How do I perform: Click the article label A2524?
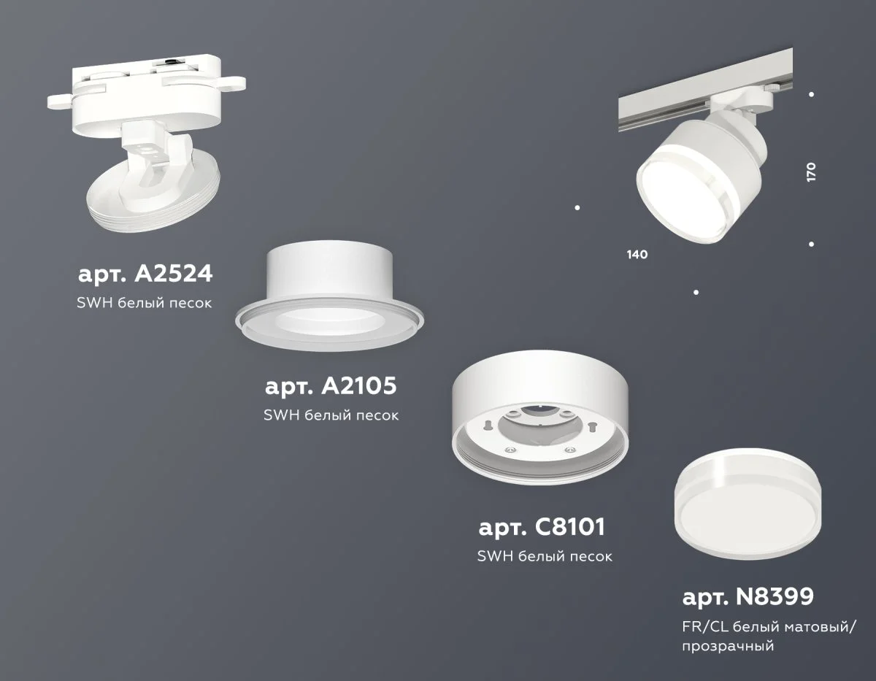pyautogui.click(x=145, y=274)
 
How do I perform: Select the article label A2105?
pyautogui.click(x=330, y=387)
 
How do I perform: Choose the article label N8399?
pyautogui.click(x=748, y=598)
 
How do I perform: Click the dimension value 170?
pyautogui.click(x=811, y=172)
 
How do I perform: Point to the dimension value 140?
pyautogui.click(x=637, y=255)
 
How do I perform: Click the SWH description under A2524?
pyautogui.click(x=145, y=302)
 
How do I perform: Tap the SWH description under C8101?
pyautogui.click(x=544, y=556)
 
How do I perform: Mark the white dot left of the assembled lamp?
pyautogui.click(x=577, y=207)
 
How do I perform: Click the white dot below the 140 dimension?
pyautogui.click(x=696, y=292)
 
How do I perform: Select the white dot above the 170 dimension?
pyautogui.click(x=812, y=94)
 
